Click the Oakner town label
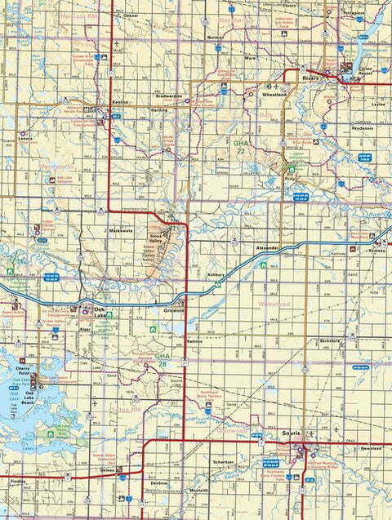pos(131,16)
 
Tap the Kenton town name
pos(121,102)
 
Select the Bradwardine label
pos(168,96)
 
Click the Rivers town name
pos(311,78)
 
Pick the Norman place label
pos(216,38)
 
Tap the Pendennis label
pos(361,129)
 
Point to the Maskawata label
pos(120,231)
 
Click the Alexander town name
pos(267,247)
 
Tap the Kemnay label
pos(376,251)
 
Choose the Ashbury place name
pos(215,275)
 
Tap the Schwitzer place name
pos(223,461)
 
